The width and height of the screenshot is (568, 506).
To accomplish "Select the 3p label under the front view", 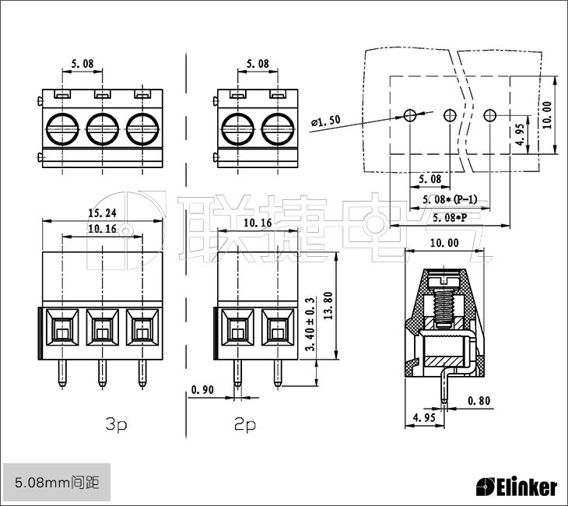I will point(116,424).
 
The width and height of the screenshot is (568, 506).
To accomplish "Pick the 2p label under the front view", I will point(245,424).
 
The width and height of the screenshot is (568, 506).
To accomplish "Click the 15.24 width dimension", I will point(102,213).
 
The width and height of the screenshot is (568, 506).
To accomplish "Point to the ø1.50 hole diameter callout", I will point(325,121).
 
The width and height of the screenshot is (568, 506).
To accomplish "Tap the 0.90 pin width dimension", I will point(202,388).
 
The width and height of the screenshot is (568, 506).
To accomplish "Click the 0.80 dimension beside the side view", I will point(479,402).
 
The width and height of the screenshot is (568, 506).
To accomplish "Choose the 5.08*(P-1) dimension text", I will point(450,199).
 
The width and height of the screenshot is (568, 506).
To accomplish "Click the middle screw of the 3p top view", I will point(102,127).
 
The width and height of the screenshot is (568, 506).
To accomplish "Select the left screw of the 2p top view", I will point(237,127).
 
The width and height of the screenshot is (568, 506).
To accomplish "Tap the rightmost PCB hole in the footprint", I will point(489,116).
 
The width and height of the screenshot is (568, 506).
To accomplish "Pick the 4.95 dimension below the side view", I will point(423,418).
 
